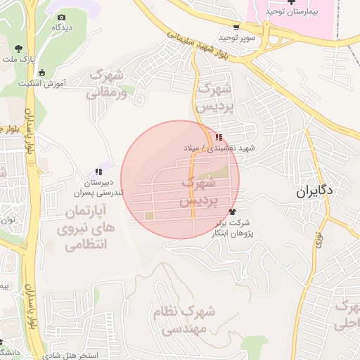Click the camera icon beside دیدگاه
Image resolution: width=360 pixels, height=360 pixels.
62,17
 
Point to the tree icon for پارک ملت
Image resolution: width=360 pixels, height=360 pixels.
18,49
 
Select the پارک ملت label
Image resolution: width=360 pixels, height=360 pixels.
18,60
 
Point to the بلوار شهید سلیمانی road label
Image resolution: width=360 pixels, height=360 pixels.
198,43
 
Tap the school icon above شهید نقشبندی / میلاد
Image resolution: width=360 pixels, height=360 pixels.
219,137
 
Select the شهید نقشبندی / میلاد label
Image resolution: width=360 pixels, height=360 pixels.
219,148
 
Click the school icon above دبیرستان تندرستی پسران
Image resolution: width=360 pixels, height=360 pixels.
99,172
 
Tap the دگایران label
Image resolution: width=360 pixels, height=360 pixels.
313,191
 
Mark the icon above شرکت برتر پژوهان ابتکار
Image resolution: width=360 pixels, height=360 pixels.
233,211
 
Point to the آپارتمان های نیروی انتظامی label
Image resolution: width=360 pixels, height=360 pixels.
79,229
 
